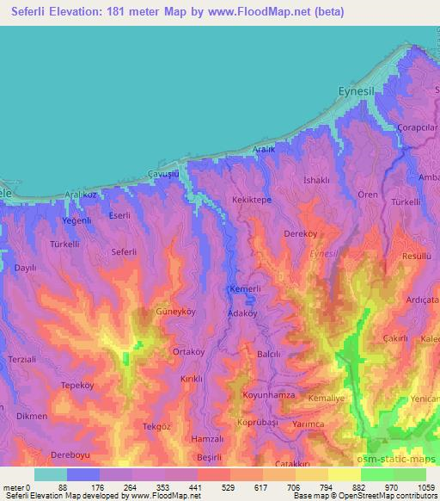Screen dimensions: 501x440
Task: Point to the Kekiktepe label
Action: click(252, 200)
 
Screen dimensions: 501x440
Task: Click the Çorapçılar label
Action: click(419, 127)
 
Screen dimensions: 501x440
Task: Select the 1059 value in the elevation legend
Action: click(416, 486)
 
